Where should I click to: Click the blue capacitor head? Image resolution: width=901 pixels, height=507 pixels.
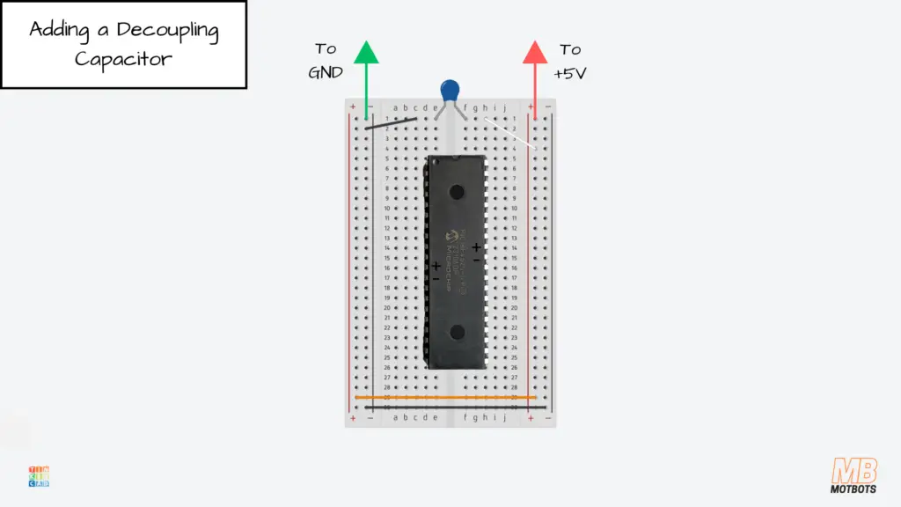point(450,89)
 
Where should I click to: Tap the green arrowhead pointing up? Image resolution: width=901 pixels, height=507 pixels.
point(366,53)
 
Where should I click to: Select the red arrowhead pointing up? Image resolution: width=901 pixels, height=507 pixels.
point(535,53)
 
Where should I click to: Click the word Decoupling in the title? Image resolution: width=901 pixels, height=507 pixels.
point(167,30)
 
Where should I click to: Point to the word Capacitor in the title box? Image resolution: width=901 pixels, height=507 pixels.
point(123,59)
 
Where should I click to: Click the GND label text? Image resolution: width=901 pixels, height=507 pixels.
point(325,73)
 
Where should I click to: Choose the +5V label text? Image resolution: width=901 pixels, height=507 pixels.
point(569,73)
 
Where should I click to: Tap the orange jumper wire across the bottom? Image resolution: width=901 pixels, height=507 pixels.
point(445,397)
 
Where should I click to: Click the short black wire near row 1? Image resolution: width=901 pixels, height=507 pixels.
point(391,124)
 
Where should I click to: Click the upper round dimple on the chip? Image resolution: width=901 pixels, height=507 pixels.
point(456,191)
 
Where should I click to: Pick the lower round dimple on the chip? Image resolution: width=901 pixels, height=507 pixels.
point(456,332)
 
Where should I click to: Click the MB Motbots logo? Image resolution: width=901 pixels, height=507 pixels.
point(853,475)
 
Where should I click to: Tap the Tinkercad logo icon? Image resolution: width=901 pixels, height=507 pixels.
point(39,476)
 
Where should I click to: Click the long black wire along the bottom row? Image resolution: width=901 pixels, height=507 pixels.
point(445,407)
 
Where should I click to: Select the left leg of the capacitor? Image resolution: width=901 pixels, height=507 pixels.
point(440,112)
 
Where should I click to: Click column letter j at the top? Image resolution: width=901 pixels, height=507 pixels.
point(504,108)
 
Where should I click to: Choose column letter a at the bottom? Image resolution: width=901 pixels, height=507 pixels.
point(395,417)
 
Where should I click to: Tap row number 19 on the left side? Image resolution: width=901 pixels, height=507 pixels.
point(386,298)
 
